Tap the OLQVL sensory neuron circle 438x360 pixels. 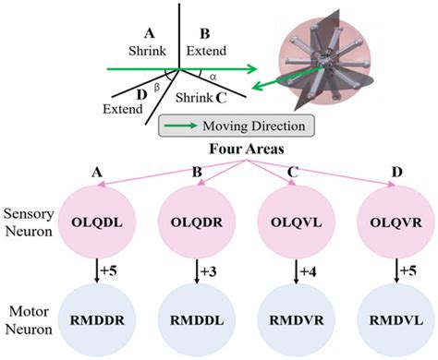tap(300, 222)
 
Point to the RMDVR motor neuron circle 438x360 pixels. tap(300, 322)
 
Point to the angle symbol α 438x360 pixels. tap(213, 78)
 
